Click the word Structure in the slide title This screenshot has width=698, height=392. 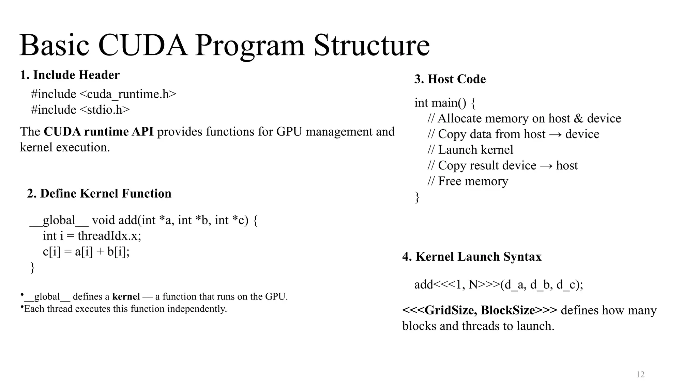pos(371,45)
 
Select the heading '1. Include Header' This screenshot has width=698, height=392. pos(70,75)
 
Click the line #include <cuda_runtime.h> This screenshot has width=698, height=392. pos(104,94)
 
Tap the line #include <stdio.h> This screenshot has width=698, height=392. pos(80,110)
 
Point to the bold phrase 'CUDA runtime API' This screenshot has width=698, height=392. pos(98,131)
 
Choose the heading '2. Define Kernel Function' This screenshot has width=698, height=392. pos(99,193)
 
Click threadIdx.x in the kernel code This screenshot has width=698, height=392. pos(109,235)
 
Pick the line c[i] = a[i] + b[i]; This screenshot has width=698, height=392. pos(86,251)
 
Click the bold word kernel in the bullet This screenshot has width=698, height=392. pos(126,296)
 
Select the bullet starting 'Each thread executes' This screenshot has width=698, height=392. pos(125,309)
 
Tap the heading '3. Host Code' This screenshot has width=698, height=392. pos(450,79)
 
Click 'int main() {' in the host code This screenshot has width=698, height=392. pos(445,102)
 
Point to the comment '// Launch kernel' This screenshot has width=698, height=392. pos(470,150)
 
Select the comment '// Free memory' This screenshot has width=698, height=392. pos(468,181)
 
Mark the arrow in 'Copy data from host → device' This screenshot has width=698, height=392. pos(556,134)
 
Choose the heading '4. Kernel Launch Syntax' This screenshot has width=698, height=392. pos(472,257)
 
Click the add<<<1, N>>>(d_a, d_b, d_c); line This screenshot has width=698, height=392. pos(499,284)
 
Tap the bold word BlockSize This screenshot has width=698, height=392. pos(508,310)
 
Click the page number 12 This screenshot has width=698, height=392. pos(640,375)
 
